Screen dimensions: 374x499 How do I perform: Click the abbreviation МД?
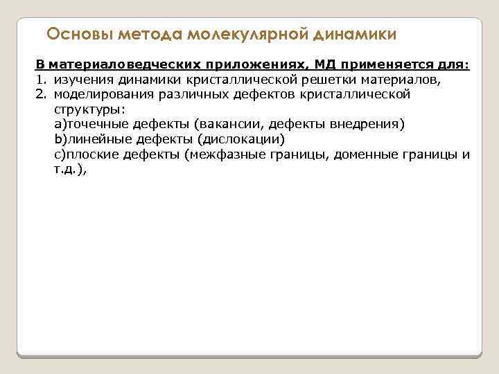click(324, 65)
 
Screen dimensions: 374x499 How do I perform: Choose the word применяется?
click(390, 65)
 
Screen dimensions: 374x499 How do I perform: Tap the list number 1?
click(40, 80)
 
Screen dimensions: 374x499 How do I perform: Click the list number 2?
click(40, 94)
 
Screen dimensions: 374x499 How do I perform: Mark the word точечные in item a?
click(96, 125)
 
